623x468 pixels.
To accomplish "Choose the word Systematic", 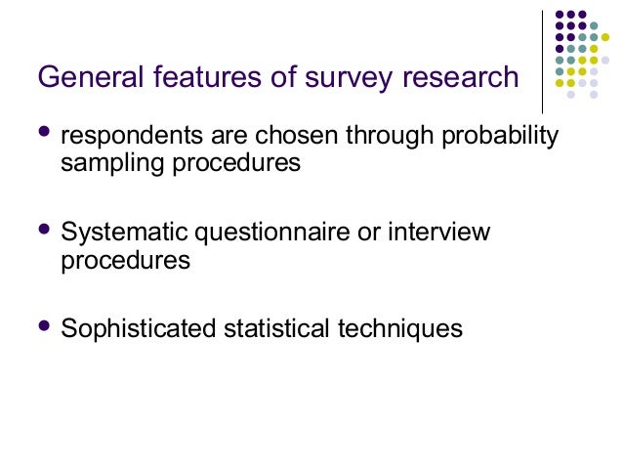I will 126,234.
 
